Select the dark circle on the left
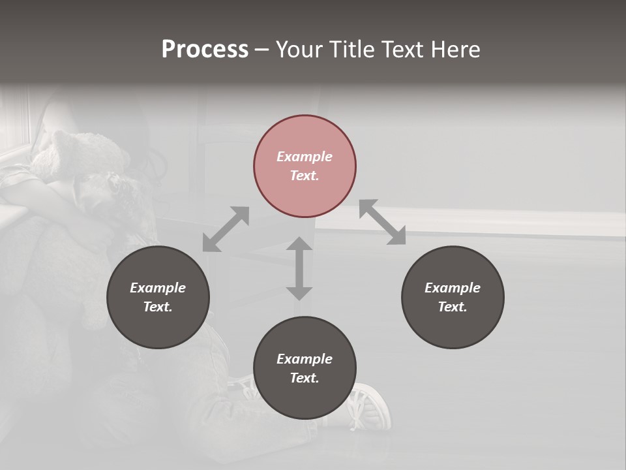(158, 297)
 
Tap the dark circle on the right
(453, 297)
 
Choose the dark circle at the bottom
(305, 368)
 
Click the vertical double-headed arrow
(299, 268)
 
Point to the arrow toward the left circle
(226, 229)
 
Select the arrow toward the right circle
(382, 222)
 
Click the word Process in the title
(205, 50)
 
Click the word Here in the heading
(456, 50)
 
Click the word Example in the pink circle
(305, 157)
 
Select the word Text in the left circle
(158, 307)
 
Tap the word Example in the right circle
(453, 288)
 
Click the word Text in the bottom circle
(305, 378)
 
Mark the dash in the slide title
(262, 50)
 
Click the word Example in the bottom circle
(305, 359)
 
